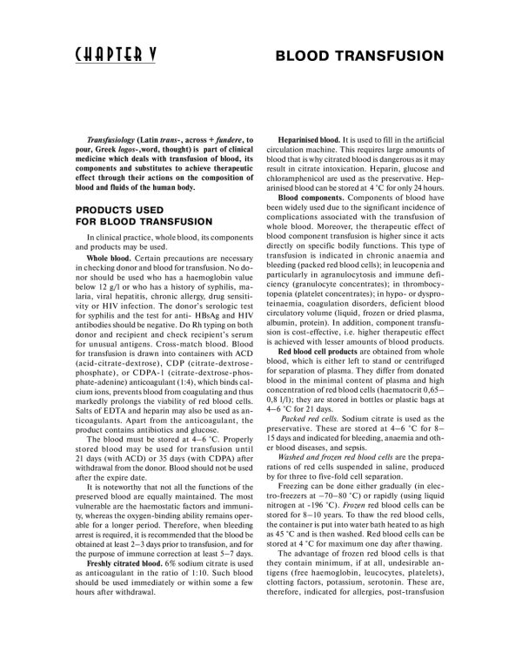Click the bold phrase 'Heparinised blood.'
(x=308, y=140)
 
